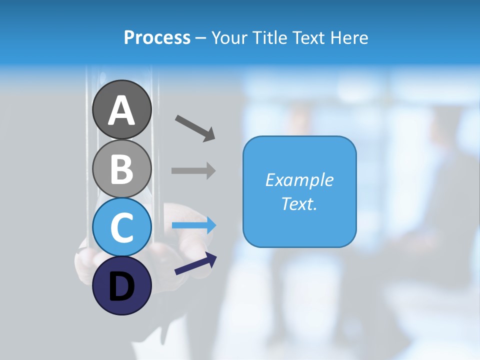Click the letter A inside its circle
(x=122, y=111)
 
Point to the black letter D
(x=122, y=287)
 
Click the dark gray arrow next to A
(x=195, y=127)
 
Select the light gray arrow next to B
(x=193, y=170)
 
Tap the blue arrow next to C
(x=194, y=225)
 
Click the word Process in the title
(x=157, y=38)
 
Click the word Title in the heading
(x=270, y=38)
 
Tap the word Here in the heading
(x=349, y=38)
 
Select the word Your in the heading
(x=231, y=38)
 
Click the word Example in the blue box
(x=299, y=180)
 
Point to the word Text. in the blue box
(x=299, y=204)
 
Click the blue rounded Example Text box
(x=299, y=235)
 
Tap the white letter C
(x=122, y=227)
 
